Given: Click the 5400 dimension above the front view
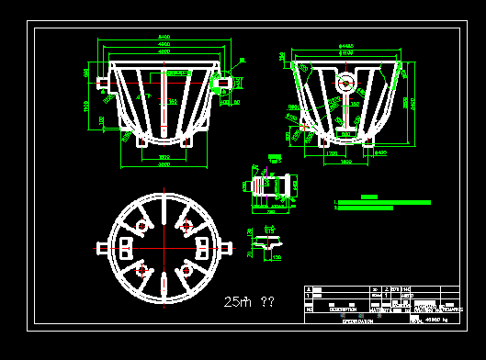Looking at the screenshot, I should (163, 37).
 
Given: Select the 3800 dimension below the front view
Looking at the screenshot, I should (163, 164).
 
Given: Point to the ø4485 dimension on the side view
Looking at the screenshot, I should (346, 44).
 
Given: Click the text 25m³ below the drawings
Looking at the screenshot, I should (236, 301).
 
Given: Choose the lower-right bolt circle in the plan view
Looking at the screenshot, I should (186, 270).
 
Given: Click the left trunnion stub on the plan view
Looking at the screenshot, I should (102, 247).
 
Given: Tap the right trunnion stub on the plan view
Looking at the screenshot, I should (226, 247).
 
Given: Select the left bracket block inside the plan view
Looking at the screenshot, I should (126, 247).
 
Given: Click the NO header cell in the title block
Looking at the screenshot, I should (309, 309).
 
